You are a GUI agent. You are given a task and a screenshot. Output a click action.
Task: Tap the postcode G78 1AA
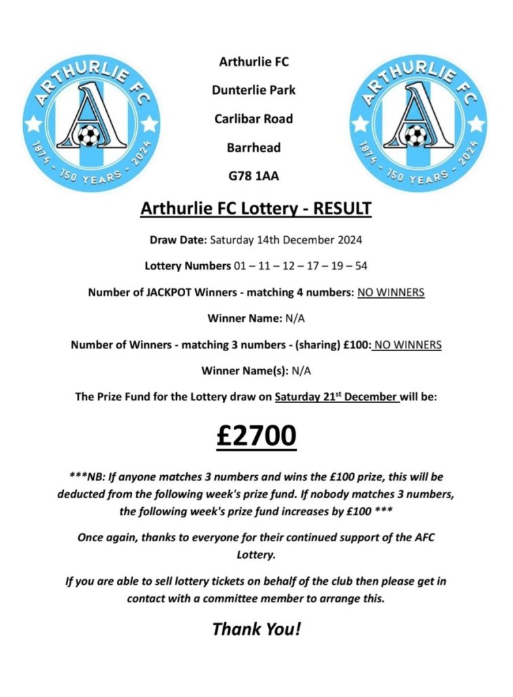(254, 176)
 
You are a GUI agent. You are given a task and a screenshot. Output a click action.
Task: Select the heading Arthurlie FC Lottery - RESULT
(256, 208)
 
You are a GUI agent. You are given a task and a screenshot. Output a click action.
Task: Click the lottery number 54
(361, 265)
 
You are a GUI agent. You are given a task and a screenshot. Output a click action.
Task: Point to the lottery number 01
(240, 265)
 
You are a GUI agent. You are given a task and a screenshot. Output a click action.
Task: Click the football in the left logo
(88, 135)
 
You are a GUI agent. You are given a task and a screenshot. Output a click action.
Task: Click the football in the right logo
(414, 135)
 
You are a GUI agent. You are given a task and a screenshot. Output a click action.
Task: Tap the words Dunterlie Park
(254, 90)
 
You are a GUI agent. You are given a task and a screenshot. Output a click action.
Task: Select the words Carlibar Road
(254, 118)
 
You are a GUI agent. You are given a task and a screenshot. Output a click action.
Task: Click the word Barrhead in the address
(254, 147)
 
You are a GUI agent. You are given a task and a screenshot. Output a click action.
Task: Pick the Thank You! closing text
(256, 628)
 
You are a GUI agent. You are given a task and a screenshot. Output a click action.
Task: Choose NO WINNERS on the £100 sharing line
(408, 345)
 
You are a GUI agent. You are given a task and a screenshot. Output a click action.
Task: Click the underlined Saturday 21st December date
(337, 397)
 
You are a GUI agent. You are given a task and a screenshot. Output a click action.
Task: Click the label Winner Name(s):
(245, 371)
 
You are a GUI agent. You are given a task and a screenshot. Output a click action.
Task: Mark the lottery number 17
(312, 265)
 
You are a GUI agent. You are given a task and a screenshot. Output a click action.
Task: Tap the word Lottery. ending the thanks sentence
(256, 554)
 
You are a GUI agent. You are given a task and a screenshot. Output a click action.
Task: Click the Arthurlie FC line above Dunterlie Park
(254, 62)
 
